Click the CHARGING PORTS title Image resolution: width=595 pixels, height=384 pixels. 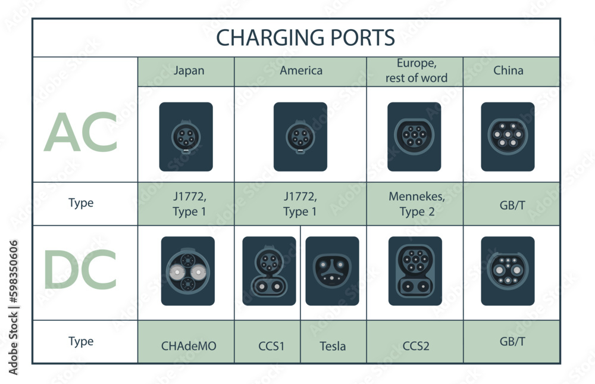pyautogui.click(x=305, y=38)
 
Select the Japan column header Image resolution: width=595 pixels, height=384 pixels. pyautogui.click(x=189, y=70)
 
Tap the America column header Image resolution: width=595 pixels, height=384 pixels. pyautogui.click(x=301, y=70)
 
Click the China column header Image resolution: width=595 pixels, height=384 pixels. pyautogui.click(x=509, y=70)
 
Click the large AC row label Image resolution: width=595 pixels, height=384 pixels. pyautogui.click(x=80, y=133)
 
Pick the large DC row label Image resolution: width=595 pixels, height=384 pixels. pyautogui.click(x=80, y=270)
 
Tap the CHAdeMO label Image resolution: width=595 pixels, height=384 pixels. pyautogui.click(x=189, y=345)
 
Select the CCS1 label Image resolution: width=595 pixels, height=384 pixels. pyautogui.click(x=271, y=345)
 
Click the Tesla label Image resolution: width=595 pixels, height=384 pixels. pyautogui.click(x=333, y=345)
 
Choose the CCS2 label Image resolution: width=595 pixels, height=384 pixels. pyautogui.click(x=415, y=345)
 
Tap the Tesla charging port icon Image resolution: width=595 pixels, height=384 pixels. pyautogui.click(x=332, y=271)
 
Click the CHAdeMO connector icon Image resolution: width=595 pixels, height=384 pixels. pyautogui.click(x=188, y=271)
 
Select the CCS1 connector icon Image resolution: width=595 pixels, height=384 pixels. pyautogui.click(x=269, y=271)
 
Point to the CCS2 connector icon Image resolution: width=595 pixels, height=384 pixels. pyautogui.click(x=415, y=271)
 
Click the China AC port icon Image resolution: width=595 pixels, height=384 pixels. pyautogui.click(x=508, y=136)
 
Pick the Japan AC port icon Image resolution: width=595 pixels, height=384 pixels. pyautogui.click(x=186, y=136)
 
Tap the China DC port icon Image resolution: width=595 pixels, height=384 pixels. pyautogui.click(x=508, y=271)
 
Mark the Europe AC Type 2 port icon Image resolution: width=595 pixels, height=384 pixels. pyautogui.click(x=414, y=136)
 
